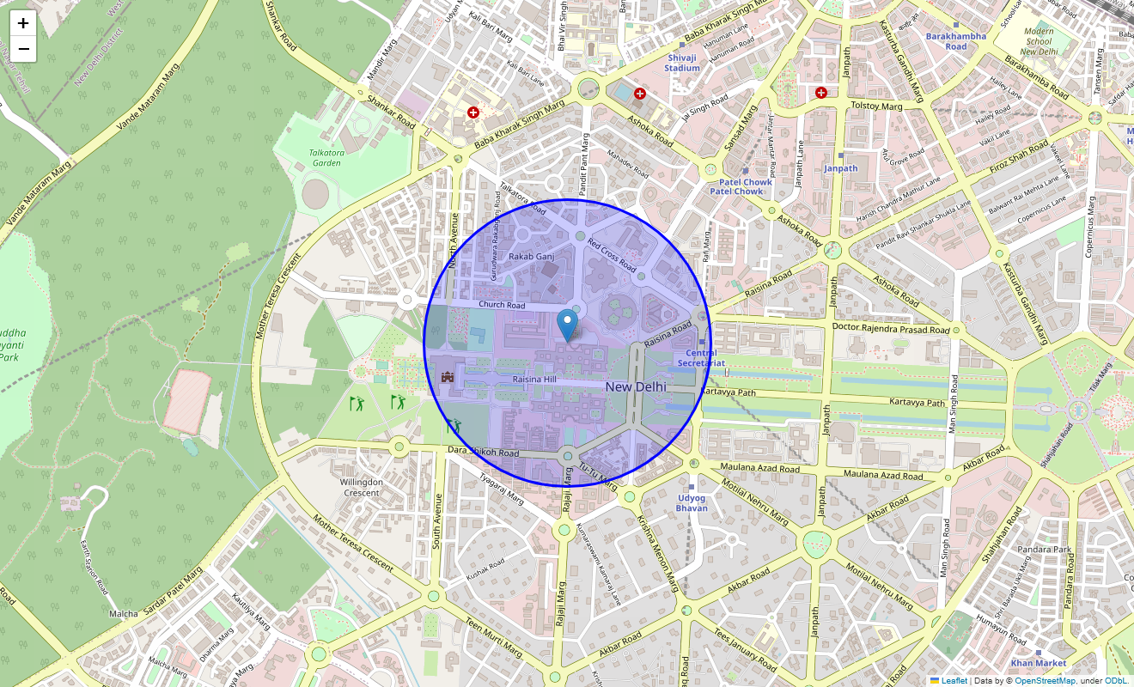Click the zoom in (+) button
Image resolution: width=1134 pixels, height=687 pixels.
(23, 23)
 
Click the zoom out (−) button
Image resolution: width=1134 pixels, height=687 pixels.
(23, 49)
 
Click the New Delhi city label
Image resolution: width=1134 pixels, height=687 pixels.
(636, 387)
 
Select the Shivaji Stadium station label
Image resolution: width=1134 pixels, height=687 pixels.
(682, 63)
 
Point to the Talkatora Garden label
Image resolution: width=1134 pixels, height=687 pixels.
(326, 157)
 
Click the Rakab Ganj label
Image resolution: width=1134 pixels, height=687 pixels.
(532, 256)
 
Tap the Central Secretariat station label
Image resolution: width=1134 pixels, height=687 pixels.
(701, 358)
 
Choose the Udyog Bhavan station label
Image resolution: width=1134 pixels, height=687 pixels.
(692, 502)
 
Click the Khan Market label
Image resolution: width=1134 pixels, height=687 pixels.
(1038, 663)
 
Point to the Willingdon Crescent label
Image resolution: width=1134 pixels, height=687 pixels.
(361, 488)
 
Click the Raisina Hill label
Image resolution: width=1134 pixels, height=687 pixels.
(534, 379)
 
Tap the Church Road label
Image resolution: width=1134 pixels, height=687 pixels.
(502, 305)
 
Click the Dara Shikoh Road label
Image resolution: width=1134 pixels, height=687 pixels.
(484, 452)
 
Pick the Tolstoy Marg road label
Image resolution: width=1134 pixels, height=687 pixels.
(876, 106)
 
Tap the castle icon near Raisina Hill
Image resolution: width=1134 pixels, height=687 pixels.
(447, 376)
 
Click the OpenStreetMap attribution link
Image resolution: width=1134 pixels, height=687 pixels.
(1045, 681)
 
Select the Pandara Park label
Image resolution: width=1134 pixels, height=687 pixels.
(1044, 549)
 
